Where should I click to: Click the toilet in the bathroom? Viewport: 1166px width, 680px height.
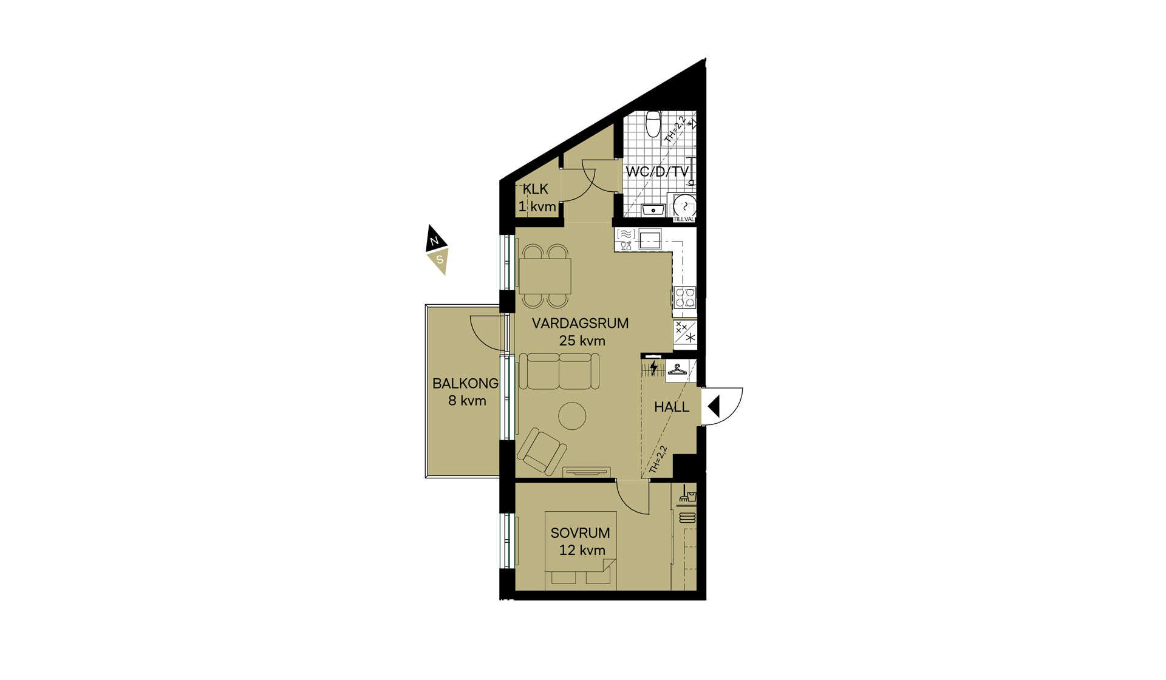(653, 123)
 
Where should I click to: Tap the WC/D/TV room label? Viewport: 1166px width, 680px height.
(657, 172)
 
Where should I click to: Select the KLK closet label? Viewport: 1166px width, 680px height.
(535, 189)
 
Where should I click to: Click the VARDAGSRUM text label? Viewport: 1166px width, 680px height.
(580, 323)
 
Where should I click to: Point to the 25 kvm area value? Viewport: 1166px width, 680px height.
(582, 341)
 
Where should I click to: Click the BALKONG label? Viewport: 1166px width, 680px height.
(465, 384)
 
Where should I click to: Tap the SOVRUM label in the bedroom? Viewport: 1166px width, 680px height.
(580, 533)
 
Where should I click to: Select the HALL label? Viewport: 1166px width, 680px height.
(672, 407)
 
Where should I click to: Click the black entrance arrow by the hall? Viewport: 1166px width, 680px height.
(714, 406)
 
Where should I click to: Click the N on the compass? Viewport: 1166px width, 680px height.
(434, 241)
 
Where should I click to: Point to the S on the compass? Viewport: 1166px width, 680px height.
(440, 260)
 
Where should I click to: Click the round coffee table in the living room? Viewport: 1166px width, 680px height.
(572, 416)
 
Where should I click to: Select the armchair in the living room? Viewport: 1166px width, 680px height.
(542, 451)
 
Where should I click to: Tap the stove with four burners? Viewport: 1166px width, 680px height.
(685, 297)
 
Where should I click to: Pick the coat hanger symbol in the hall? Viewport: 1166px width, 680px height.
(677, 369)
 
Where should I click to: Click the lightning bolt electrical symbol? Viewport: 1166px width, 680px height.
(653, 368)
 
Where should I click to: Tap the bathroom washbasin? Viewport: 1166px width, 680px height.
(653, 210)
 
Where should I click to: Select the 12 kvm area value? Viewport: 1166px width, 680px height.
(582, 551)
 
